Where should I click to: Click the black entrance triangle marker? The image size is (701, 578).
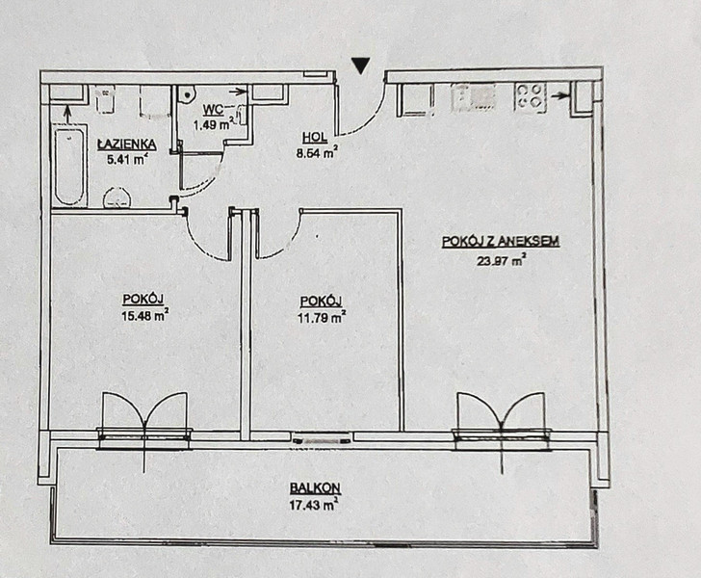360,66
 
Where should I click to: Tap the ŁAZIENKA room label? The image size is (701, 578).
127,144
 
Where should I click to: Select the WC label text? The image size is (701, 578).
213,110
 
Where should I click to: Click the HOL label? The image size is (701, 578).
315,138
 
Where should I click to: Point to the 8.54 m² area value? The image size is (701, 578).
316,153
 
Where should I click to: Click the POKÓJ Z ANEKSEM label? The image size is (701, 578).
501,242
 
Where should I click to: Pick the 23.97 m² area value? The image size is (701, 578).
501,260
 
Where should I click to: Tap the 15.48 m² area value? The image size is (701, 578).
144,315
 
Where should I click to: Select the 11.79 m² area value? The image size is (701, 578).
321,317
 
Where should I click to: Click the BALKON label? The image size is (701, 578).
315,487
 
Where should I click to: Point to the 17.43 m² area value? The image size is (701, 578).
313,505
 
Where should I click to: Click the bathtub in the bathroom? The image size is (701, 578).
69,166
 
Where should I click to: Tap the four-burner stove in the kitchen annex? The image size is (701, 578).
531,96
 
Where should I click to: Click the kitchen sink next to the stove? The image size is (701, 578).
474,96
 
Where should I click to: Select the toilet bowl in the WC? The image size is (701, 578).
187,94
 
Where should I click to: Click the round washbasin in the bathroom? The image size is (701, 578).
117,198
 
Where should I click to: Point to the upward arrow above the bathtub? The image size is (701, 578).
67,114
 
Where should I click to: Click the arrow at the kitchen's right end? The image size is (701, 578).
560,95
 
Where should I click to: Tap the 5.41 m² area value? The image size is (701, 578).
126,159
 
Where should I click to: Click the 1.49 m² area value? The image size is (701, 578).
214,124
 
